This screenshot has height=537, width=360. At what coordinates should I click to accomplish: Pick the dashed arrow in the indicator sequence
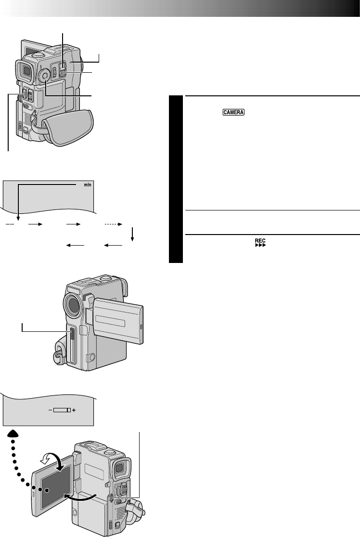[114, 224]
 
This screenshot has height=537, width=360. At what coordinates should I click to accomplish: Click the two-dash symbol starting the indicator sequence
[11, 224]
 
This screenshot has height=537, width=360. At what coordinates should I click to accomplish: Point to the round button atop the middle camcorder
[106, 278]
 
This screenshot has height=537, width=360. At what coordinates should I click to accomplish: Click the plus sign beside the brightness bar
[74, 410]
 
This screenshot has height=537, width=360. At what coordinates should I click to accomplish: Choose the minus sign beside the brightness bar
[50, 410]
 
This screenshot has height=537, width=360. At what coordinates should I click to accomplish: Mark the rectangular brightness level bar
[62, 410]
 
